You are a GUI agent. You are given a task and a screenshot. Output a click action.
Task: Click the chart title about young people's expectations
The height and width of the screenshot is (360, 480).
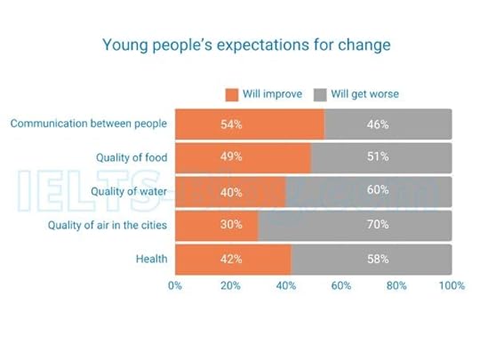coord(246,44)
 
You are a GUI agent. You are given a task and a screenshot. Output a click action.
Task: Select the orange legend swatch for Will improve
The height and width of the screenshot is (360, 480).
coord(232,93)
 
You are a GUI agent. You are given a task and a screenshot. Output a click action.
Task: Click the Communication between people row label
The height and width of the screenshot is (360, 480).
coord(89,124)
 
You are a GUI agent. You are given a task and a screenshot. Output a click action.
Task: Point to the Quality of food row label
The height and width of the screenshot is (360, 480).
coord(132,157)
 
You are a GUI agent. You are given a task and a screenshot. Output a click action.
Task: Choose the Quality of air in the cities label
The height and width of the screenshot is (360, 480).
coord(108,225)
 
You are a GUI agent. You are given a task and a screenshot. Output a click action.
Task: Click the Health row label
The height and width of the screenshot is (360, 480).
coord(152,259)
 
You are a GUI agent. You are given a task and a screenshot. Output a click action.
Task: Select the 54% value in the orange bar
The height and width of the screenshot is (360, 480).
coord(231,124)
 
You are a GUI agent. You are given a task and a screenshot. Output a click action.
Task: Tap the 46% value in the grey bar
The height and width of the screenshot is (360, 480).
coord(378,124)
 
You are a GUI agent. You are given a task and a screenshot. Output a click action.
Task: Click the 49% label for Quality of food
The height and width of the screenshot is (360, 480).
coord(231,157)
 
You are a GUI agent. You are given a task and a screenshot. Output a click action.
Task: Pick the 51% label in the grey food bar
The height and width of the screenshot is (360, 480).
coord(378,157)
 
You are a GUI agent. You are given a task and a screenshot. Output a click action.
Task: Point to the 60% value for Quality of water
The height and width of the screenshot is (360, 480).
coord(378,191)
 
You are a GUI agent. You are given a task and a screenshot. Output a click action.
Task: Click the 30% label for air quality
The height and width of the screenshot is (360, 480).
coord(231,225)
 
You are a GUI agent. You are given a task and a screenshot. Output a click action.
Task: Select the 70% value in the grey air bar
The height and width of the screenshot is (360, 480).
coord(378,225)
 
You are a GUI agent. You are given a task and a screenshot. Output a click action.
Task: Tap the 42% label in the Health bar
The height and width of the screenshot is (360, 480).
coord(231,259)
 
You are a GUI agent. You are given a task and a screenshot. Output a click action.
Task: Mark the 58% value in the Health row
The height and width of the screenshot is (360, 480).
coord(378,259)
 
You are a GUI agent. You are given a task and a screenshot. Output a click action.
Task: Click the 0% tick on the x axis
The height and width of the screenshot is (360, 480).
coord(175,286)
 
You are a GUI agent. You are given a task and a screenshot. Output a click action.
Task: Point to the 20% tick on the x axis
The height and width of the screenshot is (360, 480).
coord(230,286)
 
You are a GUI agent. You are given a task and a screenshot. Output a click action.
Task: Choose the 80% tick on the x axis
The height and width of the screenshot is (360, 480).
coord(396,286)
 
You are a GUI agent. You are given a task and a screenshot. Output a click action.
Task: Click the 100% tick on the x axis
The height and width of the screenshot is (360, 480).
coord(452,286)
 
